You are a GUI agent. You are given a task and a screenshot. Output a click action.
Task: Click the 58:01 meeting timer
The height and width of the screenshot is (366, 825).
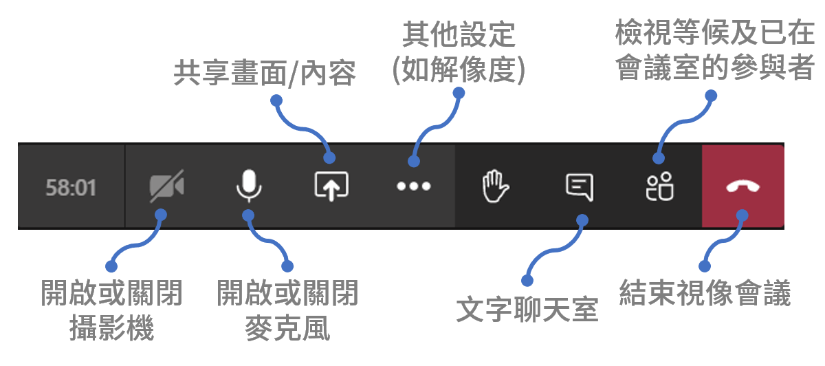71,188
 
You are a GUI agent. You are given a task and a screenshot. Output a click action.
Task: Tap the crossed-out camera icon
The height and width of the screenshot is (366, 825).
167,186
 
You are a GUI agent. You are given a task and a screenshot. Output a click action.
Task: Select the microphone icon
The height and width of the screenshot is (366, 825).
249,186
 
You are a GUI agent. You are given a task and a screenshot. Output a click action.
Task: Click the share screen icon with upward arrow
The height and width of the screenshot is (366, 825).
331,186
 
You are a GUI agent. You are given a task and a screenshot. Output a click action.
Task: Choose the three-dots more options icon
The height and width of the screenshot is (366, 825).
414,186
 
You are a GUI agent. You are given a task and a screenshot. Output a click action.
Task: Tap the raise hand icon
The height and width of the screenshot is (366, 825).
496,186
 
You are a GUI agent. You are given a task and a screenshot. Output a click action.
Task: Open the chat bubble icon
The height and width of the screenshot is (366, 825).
580,187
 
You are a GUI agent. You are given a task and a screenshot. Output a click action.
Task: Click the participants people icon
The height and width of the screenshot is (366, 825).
659,186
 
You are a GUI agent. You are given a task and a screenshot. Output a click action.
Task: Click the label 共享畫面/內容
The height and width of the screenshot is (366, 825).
265,74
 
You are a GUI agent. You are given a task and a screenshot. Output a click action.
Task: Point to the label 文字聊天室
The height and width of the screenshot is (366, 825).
527,310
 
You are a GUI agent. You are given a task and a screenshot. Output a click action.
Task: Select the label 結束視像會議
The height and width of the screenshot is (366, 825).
705,293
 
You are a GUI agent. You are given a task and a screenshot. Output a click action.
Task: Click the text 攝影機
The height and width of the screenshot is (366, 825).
111,328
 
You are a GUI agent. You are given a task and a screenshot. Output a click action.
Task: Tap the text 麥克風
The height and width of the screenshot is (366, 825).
287,328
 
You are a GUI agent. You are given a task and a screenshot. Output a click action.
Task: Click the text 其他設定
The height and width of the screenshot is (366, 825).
459,34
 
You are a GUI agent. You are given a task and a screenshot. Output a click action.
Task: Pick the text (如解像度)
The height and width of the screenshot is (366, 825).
459,69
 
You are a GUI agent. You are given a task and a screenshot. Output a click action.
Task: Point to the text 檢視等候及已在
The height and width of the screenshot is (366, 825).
714,32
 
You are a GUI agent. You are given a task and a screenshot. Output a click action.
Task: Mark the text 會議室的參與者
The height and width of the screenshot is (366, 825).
714,67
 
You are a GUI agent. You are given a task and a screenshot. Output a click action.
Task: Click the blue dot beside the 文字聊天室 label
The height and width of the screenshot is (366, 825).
527,281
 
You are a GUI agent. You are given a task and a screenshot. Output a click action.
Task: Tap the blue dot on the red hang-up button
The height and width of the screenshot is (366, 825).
742,215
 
